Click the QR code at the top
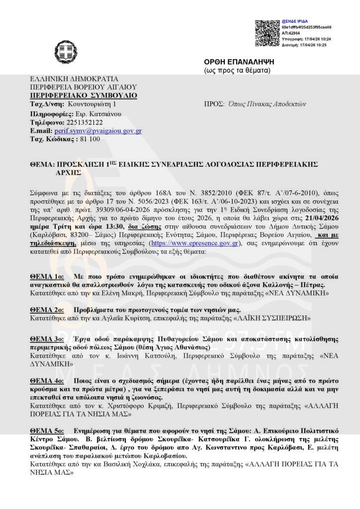tap(268, 33)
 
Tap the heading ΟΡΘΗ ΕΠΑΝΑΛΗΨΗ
tap(237, 62)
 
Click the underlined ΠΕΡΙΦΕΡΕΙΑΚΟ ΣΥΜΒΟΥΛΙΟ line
tap(84, 95)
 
